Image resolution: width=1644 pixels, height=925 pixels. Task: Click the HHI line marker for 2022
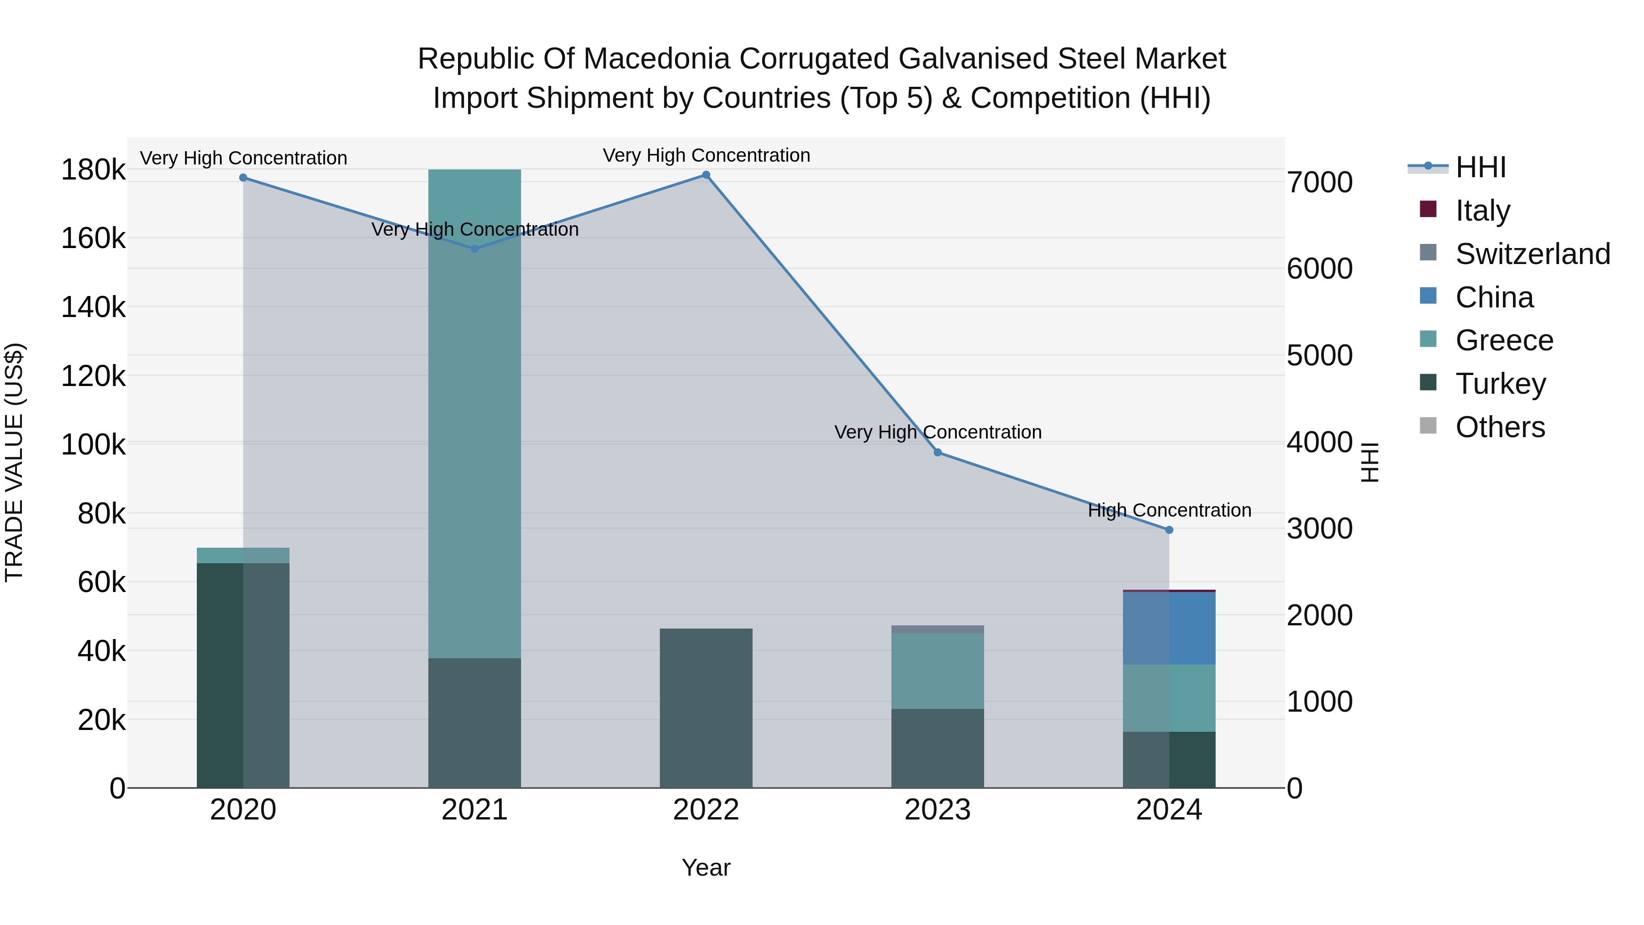[706, 175]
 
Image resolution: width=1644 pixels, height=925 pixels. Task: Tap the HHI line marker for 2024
[1169, 530]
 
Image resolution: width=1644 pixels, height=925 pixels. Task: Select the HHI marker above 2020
[243, 178]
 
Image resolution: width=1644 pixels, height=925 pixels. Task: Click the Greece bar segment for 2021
[474, 414]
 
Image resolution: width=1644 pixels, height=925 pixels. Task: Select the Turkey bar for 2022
[706, 708]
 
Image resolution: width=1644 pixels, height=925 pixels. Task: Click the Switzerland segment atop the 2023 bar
[938, 629]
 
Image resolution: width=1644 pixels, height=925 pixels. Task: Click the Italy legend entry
[1482, 211]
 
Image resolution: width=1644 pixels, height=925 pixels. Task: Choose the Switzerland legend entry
[1532, 254]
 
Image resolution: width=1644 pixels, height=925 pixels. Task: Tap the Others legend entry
[1500, 427]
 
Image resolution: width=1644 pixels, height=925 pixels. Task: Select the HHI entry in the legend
[1481, 167]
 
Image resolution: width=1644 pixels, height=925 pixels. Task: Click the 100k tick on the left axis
[93, 445]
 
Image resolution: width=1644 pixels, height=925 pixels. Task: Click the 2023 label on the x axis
[938, 810]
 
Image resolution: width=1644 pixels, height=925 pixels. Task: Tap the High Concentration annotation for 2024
[1169, 510]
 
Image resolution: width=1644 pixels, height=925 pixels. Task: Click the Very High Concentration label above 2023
[938, 432]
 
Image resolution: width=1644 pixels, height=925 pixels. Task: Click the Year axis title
[706, 867]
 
